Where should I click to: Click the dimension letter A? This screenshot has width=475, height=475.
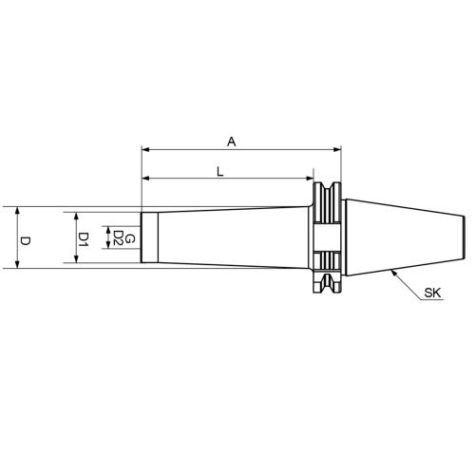(231, 142)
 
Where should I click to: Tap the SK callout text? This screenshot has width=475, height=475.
(433, 295)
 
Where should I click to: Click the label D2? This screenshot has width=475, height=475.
(117, 237)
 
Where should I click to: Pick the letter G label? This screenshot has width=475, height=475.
(131, 237)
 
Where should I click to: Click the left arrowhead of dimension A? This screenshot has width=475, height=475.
(146, 150)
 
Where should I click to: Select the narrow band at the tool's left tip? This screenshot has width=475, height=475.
(146, 237)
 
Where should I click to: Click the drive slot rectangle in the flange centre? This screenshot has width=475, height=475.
(326, 237)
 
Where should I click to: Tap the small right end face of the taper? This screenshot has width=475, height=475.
(463, 237)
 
